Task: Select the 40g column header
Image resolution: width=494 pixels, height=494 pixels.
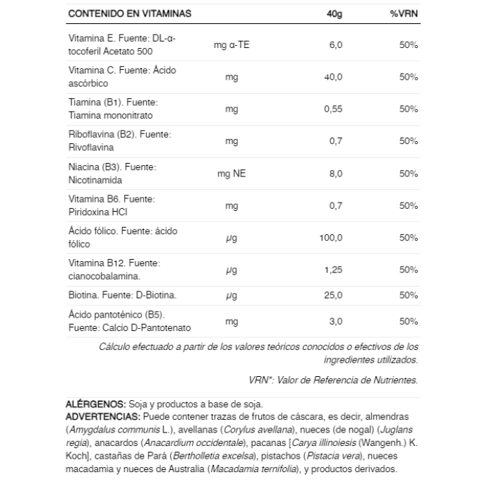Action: tap(335, 14)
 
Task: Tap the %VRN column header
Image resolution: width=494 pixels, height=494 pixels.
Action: tap(404, 14)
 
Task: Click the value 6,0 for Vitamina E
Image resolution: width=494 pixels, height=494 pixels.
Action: tap(335, 45)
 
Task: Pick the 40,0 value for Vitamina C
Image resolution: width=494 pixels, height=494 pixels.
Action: tap(332, 77)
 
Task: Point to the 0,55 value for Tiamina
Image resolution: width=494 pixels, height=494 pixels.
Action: tap(332, 109)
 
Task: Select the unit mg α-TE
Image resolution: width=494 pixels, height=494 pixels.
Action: tap(231, 45)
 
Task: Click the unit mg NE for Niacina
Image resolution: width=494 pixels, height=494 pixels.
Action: tap(231, 174)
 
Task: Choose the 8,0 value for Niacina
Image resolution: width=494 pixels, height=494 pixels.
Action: tap(335, 174)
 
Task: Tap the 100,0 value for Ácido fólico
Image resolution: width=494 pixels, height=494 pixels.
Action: tap(330, 238)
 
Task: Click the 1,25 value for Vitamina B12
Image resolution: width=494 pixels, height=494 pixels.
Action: tap(332, 270)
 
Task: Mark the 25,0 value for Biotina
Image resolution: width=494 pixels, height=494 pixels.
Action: tap(332, 295)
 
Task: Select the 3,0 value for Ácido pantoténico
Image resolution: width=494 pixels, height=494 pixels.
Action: tap(335, 321)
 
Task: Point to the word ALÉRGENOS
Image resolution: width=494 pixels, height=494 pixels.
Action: tap(96, 404)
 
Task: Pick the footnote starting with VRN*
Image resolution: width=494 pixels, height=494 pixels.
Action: tap(333, 380)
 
